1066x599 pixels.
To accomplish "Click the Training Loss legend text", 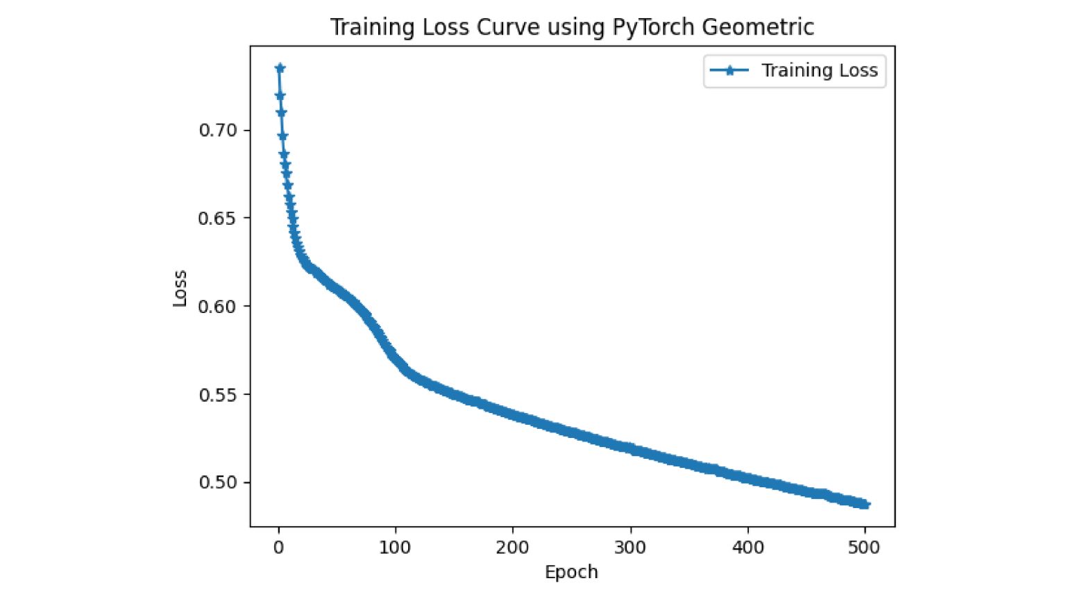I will tap(819, 71).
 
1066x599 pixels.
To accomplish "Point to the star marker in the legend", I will tap(729, 71).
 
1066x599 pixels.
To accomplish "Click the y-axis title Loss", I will tap(180, 288).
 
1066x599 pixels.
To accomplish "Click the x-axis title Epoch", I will tap(571, 572).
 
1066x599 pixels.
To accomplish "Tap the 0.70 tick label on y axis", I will tap(218, 130).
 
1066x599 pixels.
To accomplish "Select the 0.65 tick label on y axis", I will tap(218, 218).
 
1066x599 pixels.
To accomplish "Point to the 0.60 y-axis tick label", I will tap(218, 306).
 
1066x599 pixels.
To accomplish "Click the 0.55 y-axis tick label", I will tap(218, 394).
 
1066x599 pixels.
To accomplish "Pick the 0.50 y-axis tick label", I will tap(218, 482).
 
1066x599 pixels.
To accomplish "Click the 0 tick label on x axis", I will tap(278, 548).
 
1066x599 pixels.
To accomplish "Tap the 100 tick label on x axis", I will tap(395, 548).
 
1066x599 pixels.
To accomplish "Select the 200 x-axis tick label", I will tap(512, 548).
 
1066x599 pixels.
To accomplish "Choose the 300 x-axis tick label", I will tap(629, 548).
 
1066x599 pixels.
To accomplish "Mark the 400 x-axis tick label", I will tap(747, 548).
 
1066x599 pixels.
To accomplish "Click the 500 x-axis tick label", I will tap(864, 548).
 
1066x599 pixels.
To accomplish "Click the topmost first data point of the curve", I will tap(280, 68).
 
